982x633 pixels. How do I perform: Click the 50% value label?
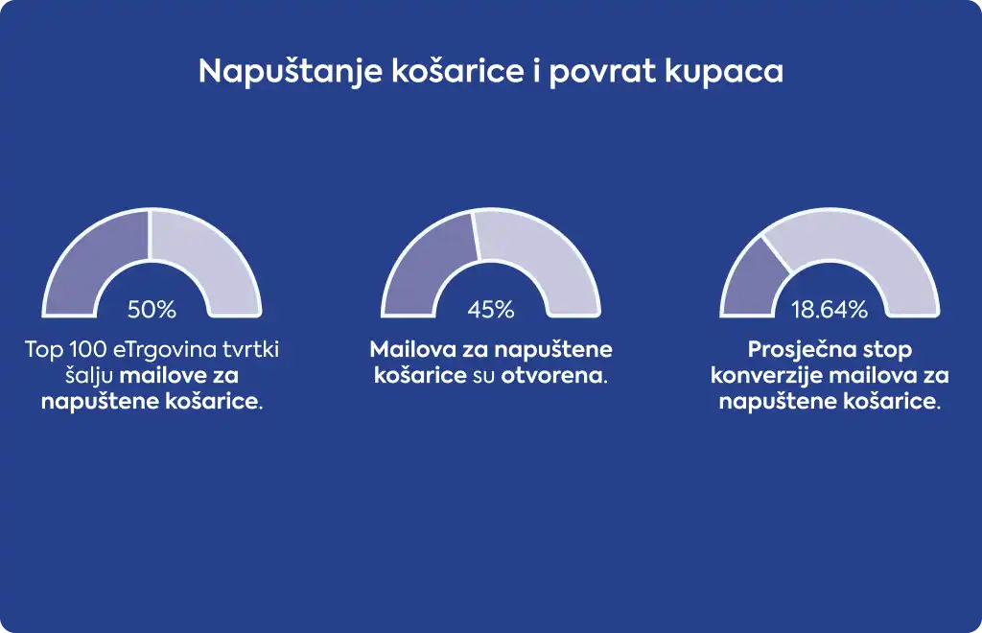point(152,309)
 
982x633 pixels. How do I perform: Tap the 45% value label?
point(491,309)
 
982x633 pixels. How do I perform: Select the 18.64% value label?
point(830,309)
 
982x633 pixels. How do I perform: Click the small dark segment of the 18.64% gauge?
point(752,282)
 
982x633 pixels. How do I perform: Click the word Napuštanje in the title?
point(291,72)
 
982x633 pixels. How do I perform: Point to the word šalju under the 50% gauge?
point(89,376)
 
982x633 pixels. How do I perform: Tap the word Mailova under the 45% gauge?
point(412,349)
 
